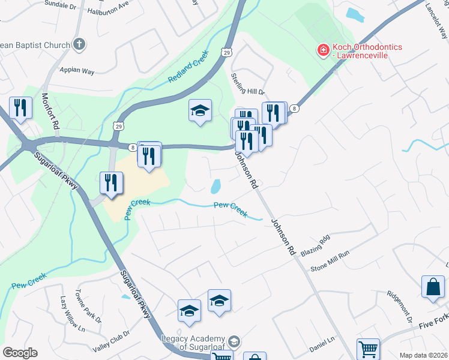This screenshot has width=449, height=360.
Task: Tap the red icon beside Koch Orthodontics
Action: click(x=323, y=49)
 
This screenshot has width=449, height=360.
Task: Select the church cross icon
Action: click(x=79, y=44)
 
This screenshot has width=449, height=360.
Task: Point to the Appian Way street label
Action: click(x=77, y=71)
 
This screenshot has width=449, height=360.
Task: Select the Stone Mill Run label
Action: click(x=330, y=262)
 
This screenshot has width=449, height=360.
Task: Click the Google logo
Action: click(x=20, y=352)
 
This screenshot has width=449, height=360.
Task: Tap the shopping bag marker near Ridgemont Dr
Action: click(x=432, y=288)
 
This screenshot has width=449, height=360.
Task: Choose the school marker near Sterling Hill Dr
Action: click(x=200, y=111)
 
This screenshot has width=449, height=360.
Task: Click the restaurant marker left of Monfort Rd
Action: click(x=21, y=109)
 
